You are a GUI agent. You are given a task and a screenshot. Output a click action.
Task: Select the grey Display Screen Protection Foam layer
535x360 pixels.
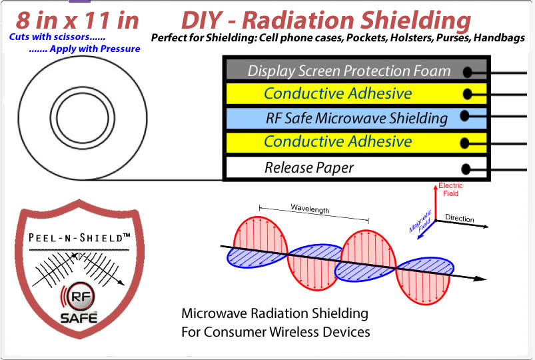pos(348,71)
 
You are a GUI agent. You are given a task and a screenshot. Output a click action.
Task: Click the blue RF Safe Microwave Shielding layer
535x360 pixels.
pos(356,119)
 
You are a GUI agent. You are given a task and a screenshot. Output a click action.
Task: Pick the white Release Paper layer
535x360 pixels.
pos(309,167)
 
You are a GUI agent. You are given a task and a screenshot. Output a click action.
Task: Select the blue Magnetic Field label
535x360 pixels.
pos(420,221)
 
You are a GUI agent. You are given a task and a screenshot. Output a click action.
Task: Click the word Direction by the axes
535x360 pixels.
pos(460,218)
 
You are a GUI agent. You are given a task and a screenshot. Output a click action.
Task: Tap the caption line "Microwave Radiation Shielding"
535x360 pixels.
pos(275,313)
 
